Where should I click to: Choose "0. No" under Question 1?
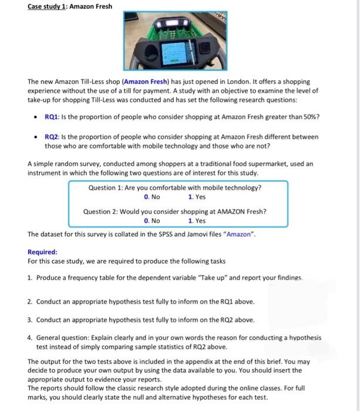tap(152, 197)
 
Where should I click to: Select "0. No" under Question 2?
tap(152, 221)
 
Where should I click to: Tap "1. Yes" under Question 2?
tap(197, 221)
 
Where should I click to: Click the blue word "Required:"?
tap(42, 252)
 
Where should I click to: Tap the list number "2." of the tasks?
tap(29, 302)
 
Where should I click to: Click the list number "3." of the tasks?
tap(29, 320)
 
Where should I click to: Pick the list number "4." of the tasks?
tap(29, 338)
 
